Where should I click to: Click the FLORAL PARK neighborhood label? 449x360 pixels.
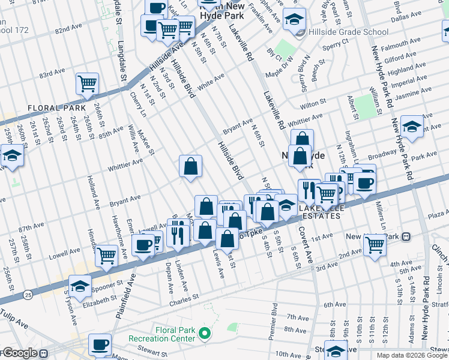(53, 108)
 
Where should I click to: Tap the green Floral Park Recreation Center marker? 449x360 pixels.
(205, 333)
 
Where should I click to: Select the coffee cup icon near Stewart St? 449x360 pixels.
(100, 344)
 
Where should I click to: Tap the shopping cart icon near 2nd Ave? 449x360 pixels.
(375, 244)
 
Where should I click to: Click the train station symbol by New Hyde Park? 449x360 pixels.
(406, 237)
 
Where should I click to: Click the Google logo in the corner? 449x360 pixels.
(20, 353)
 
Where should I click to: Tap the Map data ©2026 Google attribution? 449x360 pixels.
(411, 355)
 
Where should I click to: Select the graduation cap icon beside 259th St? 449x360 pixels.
(11, 155)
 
